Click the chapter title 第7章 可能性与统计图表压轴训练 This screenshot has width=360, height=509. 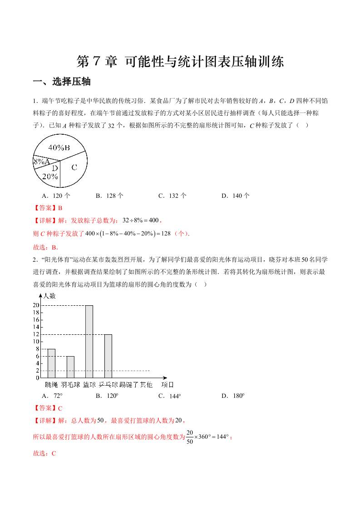[x=180, y=62]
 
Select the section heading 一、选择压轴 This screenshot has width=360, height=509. [x=62, y=82]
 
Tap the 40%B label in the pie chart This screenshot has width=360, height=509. [x=59, y=147]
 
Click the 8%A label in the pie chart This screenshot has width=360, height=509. [x=41, y=161]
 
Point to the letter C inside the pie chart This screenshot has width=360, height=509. [x=74, y=167]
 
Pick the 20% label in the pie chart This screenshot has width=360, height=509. [x=49, y=176]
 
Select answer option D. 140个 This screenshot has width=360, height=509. [x=235, y=196]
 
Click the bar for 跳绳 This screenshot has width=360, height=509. [x=51, y=363]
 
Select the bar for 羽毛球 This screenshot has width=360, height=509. [x=70, y=367]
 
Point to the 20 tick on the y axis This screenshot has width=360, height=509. [x=36, y=305]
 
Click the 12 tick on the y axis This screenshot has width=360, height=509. [x=36, y=334]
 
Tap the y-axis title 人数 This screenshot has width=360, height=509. [x=49, y=296]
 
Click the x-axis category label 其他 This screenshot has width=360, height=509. [x=146, y=385]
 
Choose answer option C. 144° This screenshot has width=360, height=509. [x=169, y=396]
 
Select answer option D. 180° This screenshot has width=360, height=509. [x=233, y=396]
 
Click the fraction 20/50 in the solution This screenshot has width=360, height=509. [x=190, y=437]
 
